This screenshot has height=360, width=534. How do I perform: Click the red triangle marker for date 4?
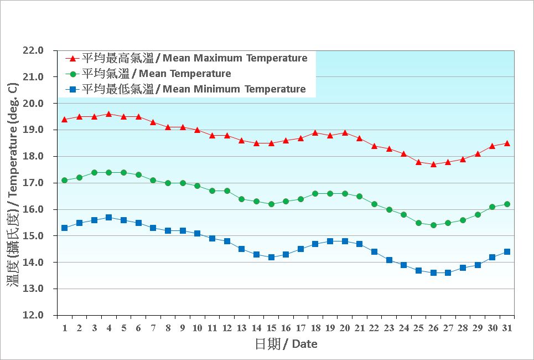108,114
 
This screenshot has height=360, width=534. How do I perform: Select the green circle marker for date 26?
433,225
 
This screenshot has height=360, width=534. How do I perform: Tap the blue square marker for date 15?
271,257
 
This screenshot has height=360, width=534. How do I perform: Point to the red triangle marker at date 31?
507,143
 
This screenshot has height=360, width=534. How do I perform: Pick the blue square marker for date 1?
65,228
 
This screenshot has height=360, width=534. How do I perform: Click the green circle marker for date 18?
315,193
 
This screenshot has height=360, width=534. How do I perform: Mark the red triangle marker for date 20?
345,133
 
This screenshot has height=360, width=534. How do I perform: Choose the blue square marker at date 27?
448,272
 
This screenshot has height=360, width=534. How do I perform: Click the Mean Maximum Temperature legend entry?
194,58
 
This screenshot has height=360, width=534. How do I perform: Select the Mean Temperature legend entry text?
156,74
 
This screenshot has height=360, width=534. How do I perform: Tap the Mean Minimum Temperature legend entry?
194,89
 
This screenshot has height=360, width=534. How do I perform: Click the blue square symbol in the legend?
71,89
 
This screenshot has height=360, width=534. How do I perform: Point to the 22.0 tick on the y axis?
33,50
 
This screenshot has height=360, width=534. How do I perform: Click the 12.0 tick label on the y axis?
33,315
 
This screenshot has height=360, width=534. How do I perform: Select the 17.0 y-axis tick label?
33,183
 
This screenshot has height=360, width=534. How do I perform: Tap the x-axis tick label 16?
286,328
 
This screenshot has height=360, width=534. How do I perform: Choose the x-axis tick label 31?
507,328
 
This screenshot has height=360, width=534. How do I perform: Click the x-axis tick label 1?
65,328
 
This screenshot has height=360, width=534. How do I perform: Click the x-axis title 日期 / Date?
286,344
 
